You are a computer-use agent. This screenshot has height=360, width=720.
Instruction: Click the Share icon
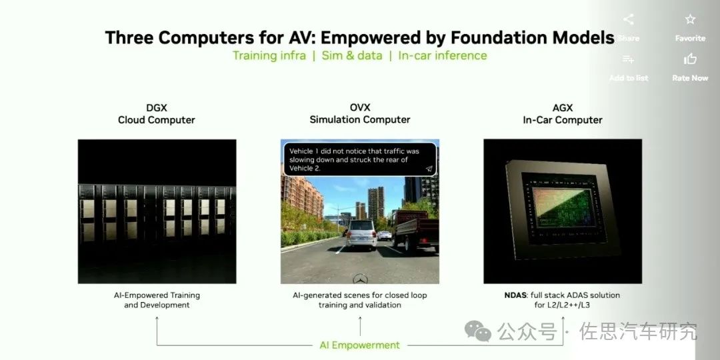(628, 20)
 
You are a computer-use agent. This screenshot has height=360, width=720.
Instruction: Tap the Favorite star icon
(690, 20)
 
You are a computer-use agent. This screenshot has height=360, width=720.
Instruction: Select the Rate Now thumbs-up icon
(690, 60)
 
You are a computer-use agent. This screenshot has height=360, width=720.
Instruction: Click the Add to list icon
(628, 60)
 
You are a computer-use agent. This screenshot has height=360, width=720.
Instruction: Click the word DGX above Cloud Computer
(156, 108)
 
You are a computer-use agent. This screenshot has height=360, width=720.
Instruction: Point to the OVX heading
(360, 107)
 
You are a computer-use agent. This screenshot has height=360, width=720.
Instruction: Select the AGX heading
(562, 108)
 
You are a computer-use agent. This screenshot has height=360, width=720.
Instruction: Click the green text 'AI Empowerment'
(359, 345)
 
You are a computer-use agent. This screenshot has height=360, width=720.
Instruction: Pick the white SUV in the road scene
(361, 234)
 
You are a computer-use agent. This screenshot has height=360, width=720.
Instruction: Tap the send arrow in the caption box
(429, 169)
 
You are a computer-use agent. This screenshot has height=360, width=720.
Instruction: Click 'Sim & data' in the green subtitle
(352, 55)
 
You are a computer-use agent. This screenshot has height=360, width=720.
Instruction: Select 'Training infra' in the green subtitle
(269, 55)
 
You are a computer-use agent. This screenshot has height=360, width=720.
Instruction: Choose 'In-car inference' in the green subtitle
(443, 55)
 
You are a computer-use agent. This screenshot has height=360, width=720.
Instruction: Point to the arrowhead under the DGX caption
(157, 319)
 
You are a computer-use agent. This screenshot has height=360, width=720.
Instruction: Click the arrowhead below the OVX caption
(360, 319)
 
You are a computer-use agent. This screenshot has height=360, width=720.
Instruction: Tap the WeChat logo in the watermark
(478, 329)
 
